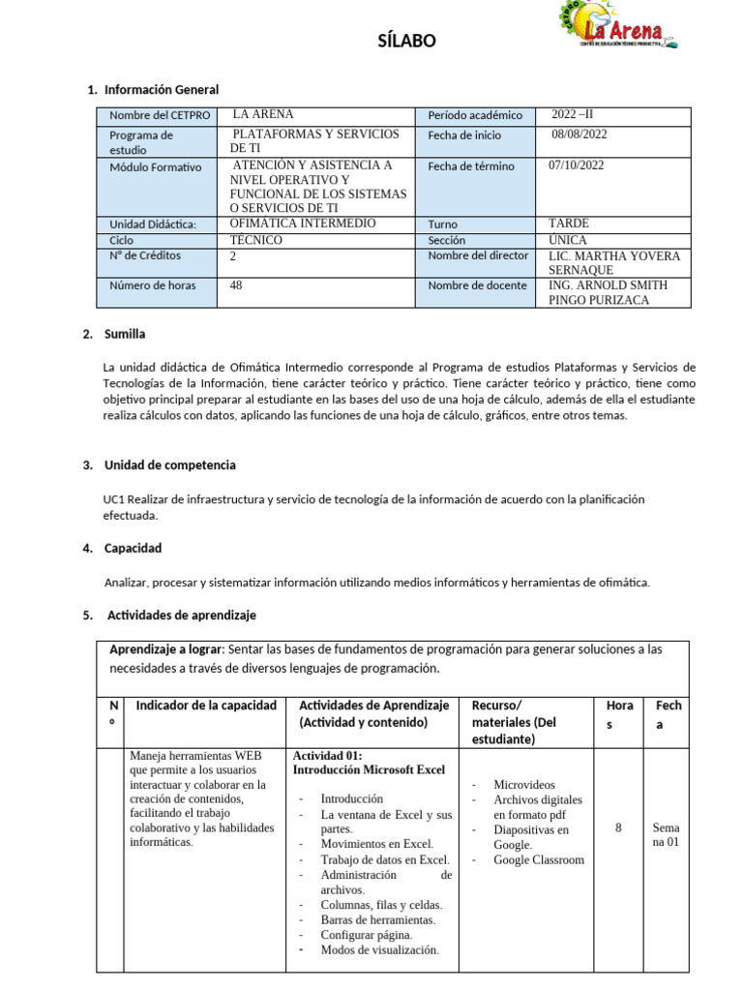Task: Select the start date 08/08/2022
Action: point(580,135)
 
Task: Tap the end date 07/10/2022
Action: point(576,165)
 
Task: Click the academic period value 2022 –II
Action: point(580,114)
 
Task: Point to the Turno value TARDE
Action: point(568,224)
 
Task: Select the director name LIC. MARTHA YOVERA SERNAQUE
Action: point(613,263)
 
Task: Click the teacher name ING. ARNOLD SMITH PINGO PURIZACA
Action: point(608,292)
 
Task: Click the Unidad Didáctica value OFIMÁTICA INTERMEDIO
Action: point(303,224)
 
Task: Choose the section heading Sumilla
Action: point(125,334)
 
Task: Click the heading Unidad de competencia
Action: point(170,465)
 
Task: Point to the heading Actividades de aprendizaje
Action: point(181,615)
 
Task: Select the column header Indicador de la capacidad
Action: point(206,705)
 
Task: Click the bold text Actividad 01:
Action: point(326,755)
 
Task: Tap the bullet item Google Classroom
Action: point(538,859)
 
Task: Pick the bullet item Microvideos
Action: point(524,785)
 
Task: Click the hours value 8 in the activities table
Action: point(617,827)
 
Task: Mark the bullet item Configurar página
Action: point(366,935)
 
